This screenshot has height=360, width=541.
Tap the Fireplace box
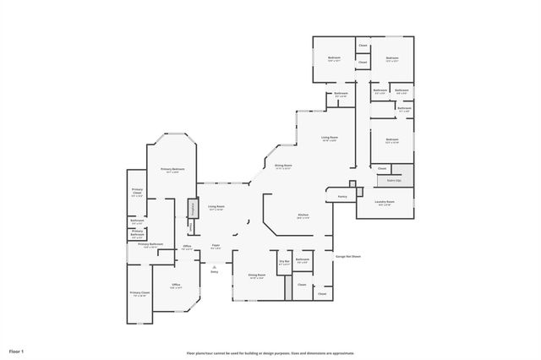point(192,207)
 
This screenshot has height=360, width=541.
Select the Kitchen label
point(303,215)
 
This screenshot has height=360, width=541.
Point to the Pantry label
point(342,196)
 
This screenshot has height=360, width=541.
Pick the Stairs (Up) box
point(394,180)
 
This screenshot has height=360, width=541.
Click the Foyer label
point(216,248)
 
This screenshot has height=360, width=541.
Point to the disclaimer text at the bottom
point(270,352)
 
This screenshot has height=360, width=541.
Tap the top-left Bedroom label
point(334,59)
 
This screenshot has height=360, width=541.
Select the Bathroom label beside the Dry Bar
point(303,260)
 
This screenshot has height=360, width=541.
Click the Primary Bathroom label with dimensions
point(150,246)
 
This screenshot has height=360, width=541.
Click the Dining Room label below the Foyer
point(256,275)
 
